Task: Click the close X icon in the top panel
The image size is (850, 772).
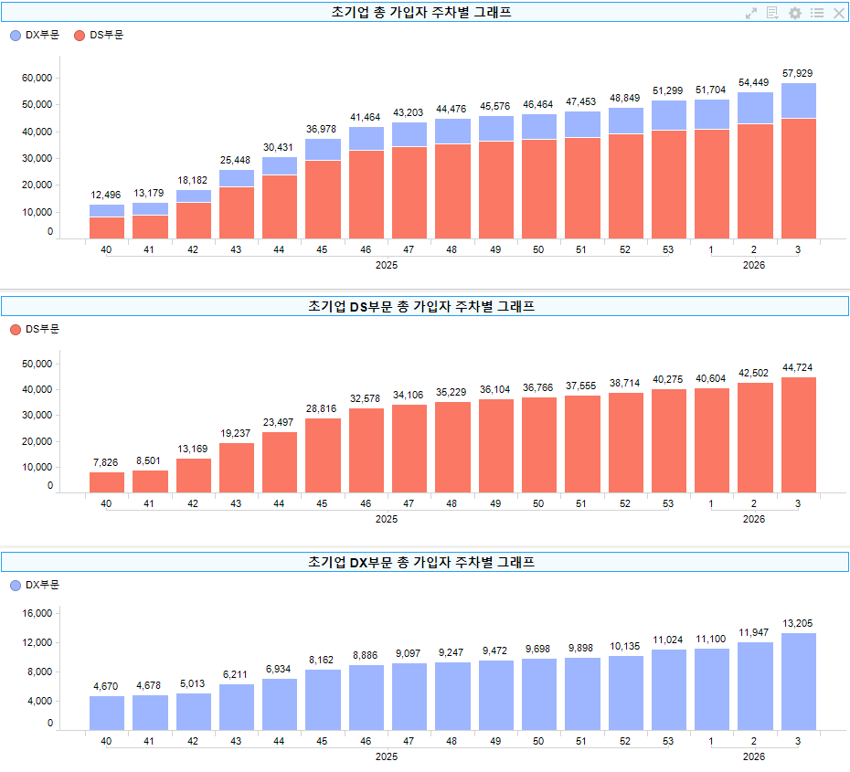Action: point(838,13)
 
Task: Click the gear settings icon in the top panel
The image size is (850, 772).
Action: point(795,13)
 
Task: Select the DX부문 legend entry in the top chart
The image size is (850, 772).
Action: point(34,35)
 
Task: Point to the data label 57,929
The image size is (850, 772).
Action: point(798,72)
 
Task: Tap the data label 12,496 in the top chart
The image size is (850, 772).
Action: point(106,195)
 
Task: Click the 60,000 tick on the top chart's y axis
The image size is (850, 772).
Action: point(37,79)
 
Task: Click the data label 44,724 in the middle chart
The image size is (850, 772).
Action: point(798,367)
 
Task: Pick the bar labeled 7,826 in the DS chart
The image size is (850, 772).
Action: point(106,482)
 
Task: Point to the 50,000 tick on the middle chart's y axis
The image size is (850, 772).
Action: point(37,364)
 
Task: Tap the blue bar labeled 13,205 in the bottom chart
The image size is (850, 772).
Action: point(798,682)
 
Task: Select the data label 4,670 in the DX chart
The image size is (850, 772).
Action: point(106,686)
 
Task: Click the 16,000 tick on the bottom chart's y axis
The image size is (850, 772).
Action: point(37,614)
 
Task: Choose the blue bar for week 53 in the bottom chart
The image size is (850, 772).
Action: point(668,690)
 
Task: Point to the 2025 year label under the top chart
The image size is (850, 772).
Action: point(387,265)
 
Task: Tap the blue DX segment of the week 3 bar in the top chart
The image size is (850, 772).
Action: point(798,100)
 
